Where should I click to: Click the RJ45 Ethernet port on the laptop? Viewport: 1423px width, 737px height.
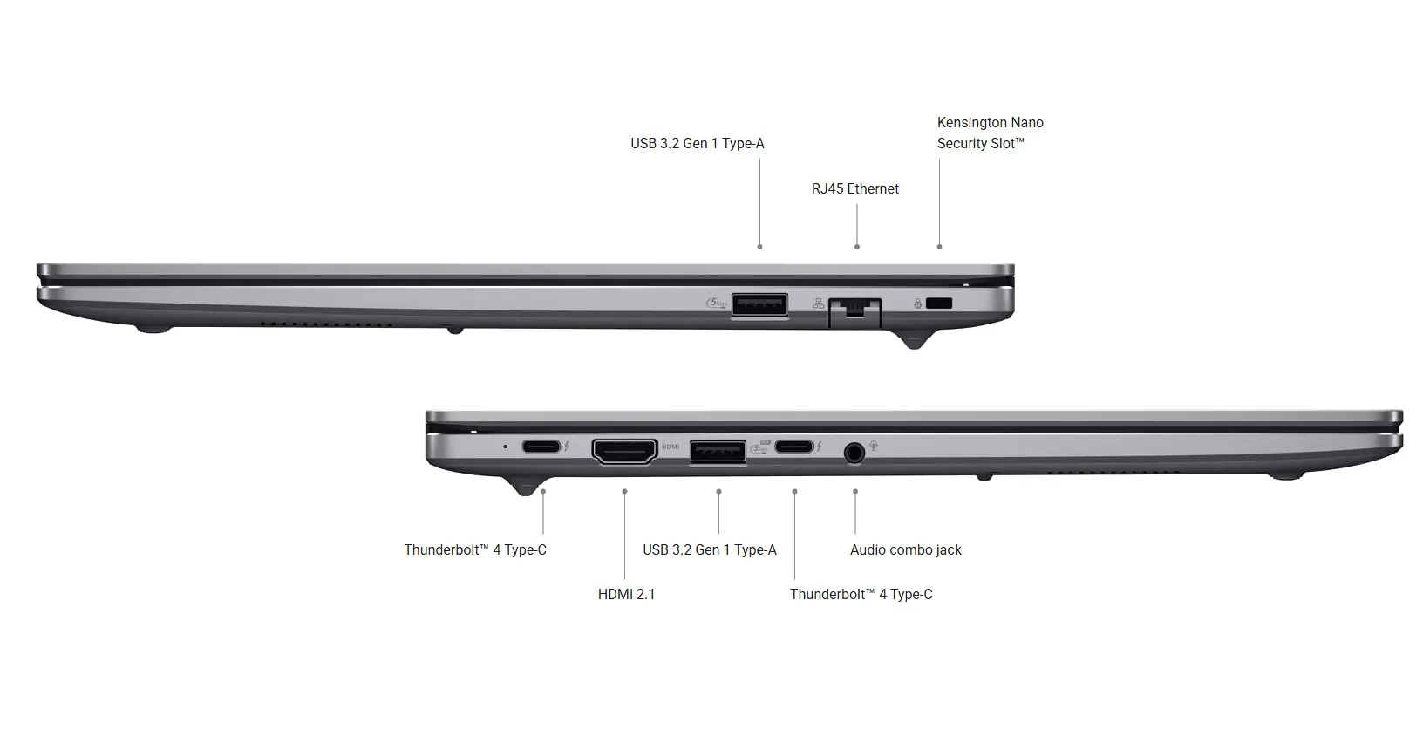[x=855, y=313]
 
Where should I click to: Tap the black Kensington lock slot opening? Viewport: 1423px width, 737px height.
[x=939, y=303]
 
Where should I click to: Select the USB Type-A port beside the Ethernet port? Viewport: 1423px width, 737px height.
[x=759, y=304]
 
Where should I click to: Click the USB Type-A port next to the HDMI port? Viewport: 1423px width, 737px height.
[x=718, y=452]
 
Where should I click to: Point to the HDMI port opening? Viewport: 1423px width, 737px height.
[x=624, y=451]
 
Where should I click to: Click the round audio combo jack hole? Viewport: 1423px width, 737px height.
[x=854, y=453]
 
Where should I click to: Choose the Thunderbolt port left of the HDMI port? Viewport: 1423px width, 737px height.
[x=541, y=446]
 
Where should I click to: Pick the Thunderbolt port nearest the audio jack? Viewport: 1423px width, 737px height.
[x=793, y=446]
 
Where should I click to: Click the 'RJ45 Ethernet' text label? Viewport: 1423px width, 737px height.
[x=855, y=188]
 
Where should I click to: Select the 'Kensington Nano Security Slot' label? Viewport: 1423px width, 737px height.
[x=990, y=133]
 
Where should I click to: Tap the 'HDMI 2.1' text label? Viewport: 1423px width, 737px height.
[x=626, y=594]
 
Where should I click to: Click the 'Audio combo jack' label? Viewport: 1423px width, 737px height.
[x=905, y=549]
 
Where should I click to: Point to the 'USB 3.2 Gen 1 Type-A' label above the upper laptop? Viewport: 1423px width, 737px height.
[x=697, y=144]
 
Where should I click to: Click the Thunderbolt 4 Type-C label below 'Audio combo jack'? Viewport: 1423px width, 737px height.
[x=861, y=594]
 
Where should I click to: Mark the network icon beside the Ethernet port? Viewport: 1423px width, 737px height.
[x=818, y=304]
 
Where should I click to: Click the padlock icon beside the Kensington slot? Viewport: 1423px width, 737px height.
[x=917, y=304]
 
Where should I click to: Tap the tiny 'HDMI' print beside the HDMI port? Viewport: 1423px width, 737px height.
[x=671, y=447]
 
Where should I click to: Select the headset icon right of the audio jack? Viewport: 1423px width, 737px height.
[x=875, y=446]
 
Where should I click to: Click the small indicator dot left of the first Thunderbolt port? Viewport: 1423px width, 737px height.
[x=505, y=447]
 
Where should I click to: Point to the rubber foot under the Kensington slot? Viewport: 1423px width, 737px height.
[x=914, y=340]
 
